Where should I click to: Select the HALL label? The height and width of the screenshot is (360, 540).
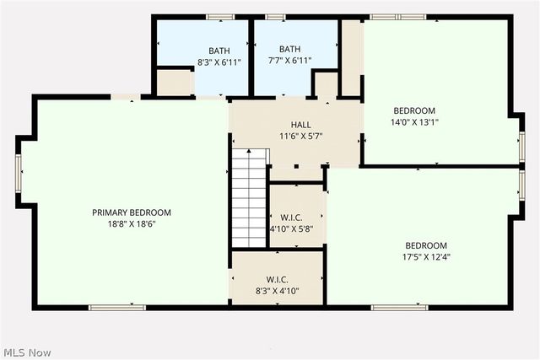click(x=301, y=125)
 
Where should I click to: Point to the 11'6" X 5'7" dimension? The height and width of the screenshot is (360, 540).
click(x=301, y=136)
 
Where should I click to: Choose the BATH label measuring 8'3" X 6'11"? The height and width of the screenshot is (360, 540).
click(x=219, y=50)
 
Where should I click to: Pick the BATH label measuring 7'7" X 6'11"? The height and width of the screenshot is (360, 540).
click(x=289, y=49)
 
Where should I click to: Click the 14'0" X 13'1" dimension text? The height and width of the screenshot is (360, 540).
click(x=414, y=121)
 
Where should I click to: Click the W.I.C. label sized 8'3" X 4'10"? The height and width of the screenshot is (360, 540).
click(x=277, y=280)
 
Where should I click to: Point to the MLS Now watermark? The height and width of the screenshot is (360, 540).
click(x=26, y=352)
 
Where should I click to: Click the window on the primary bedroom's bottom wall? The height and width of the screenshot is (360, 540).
click(x=117, y=308)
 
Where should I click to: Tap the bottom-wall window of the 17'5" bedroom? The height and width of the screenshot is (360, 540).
click(x=399, y=308)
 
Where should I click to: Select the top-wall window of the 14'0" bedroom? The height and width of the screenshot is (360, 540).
click(x=399, y=16)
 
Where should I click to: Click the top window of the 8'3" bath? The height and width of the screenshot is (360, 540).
click(x=219, y=16)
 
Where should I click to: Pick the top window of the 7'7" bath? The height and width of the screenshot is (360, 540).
click(x=275, y=16)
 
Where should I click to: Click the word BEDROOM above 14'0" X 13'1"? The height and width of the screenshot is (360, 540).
click(x=414, y=110)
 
